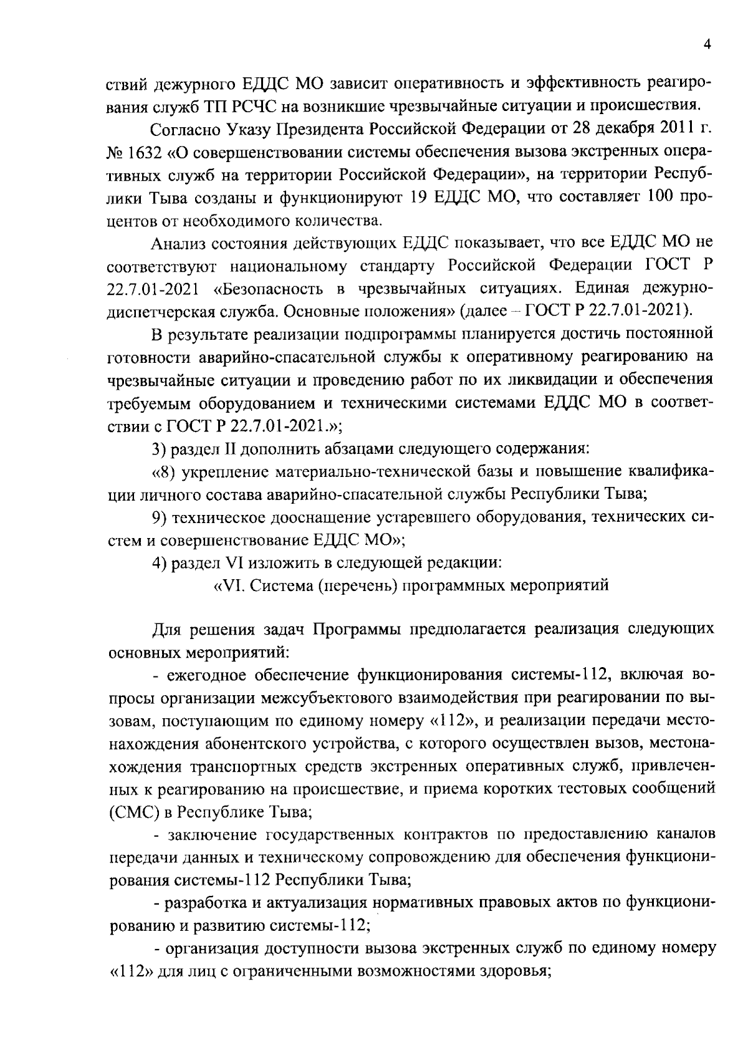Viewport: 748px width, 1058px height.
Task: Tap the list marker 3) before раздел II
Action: click(162, 448)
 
